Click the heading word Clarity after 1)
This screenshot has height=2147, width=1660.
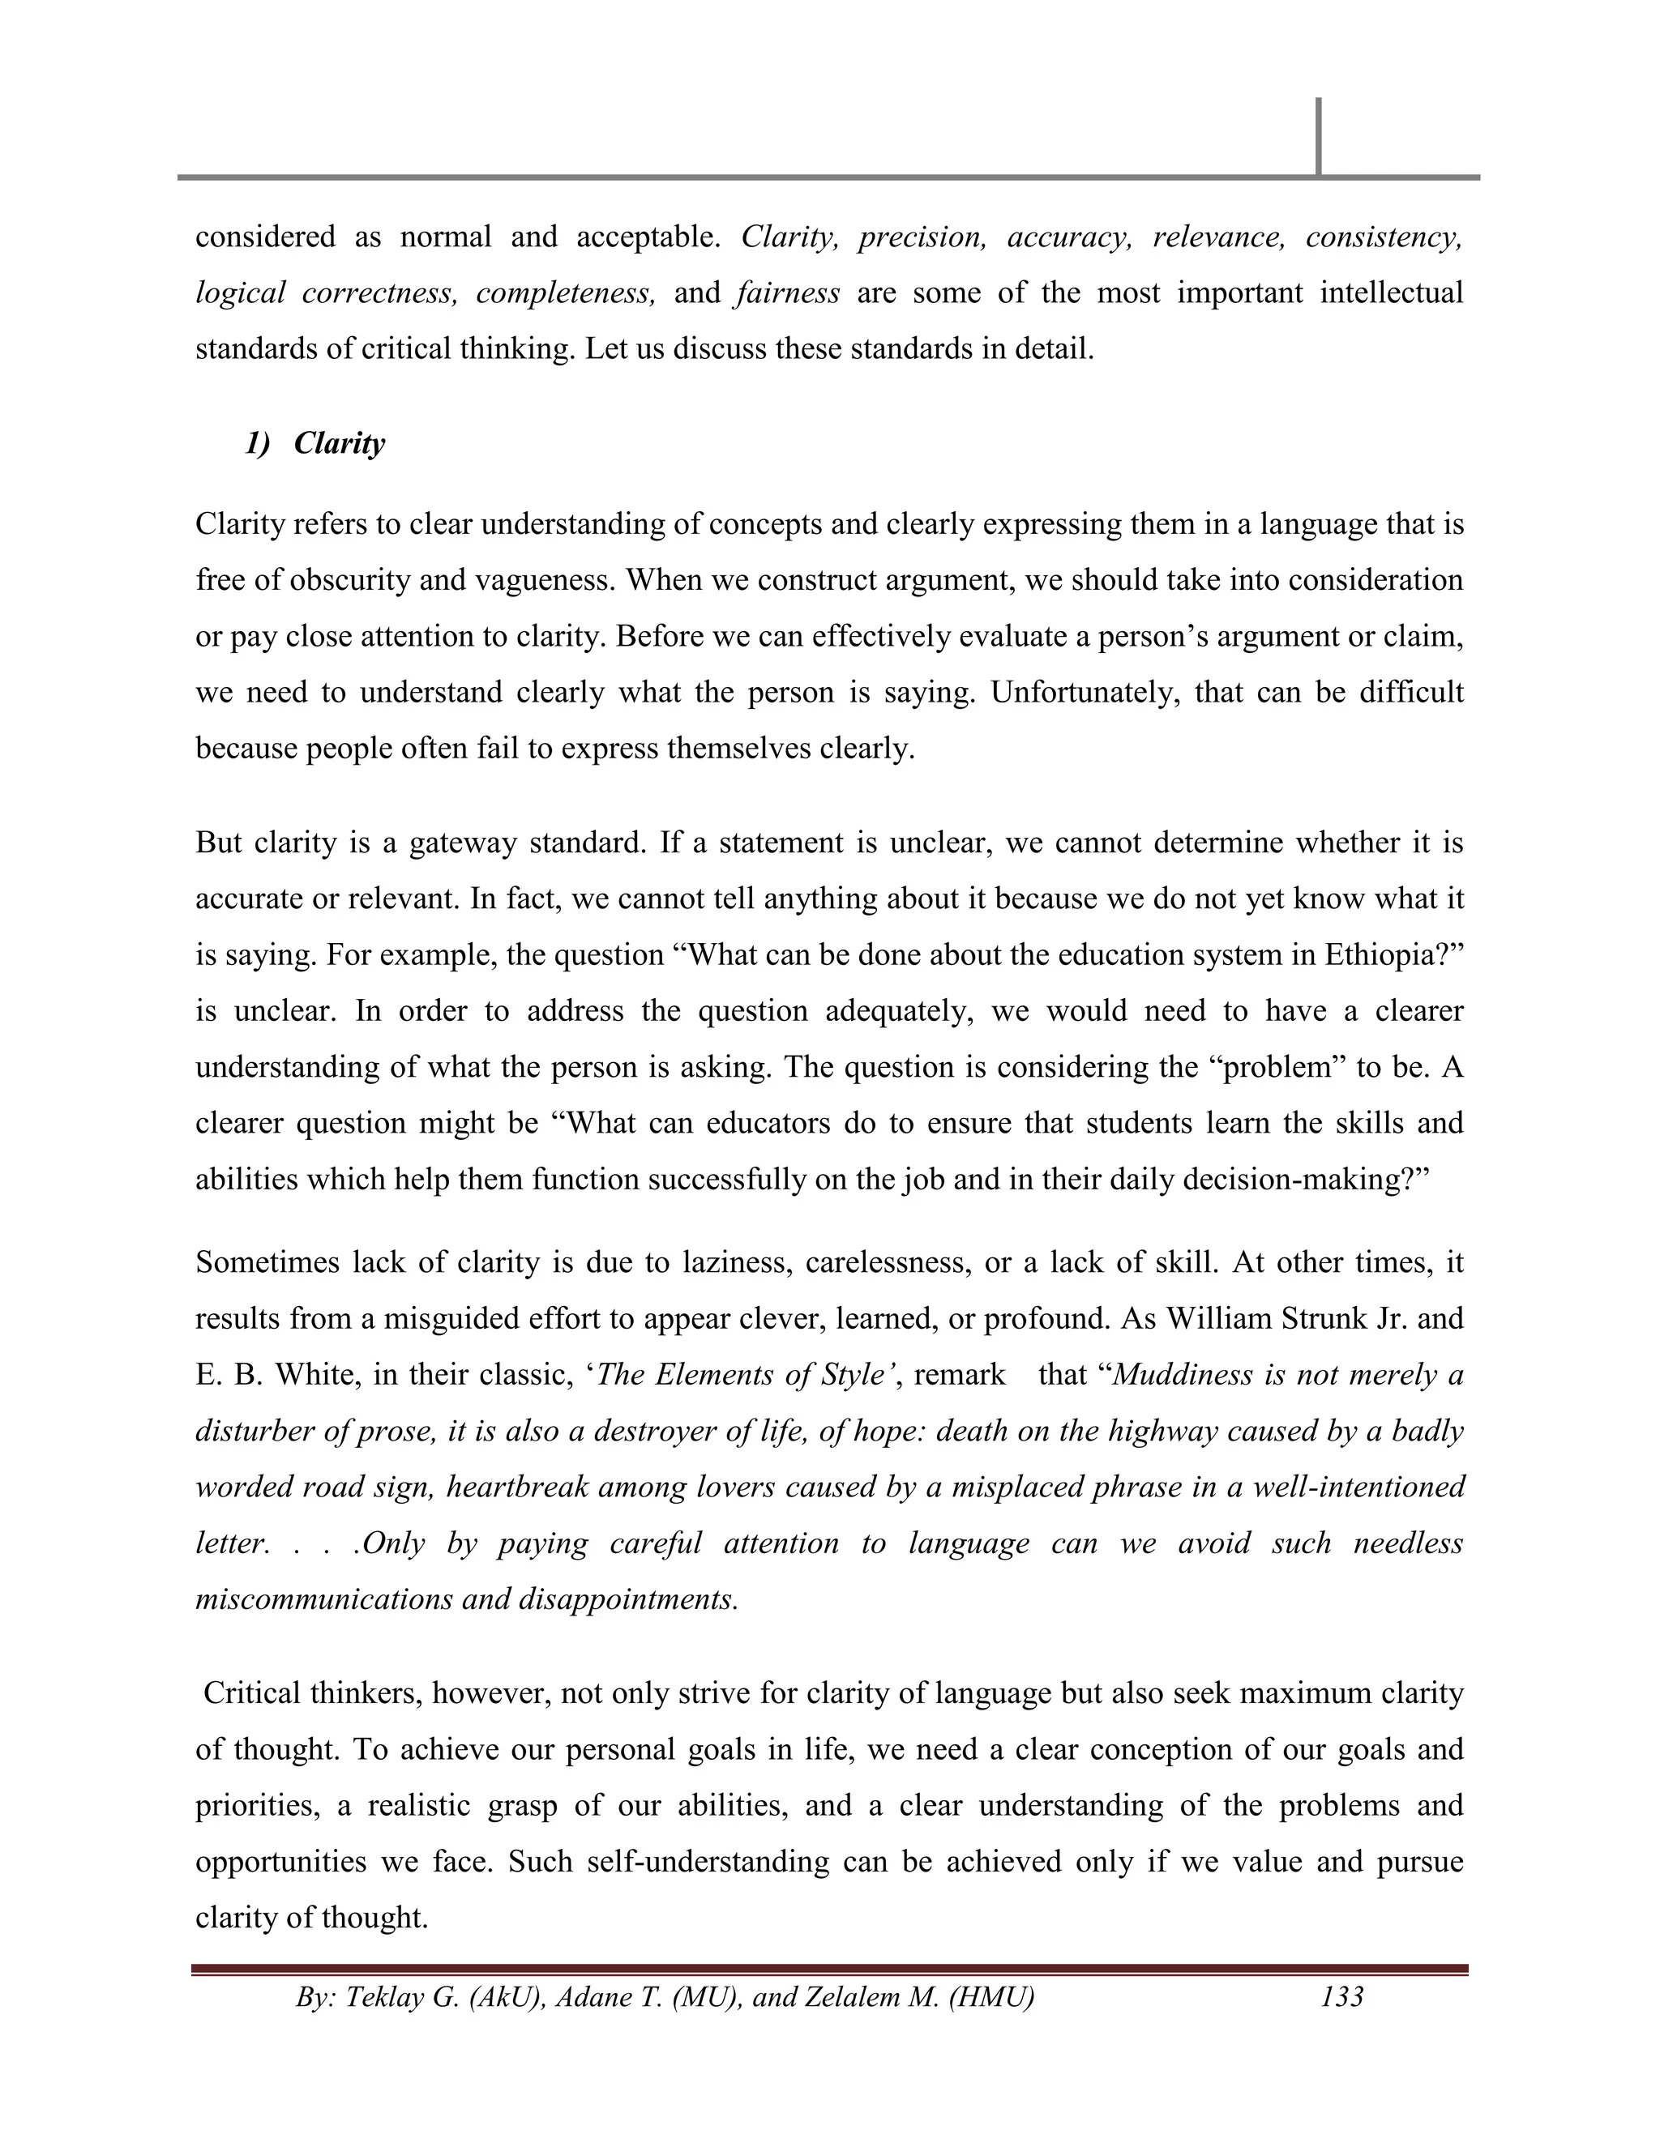pyautogui.click(x=340, y=443)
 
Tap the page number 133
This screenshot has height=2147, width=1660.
pyautogui.click(x=1341, y=1996)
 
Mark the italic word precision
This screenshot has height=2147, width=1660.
pyautogui.click(x=922, y=237)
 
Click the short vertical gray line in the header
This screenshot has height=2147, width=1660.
pyautogui.click(x=1318, y=135)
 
